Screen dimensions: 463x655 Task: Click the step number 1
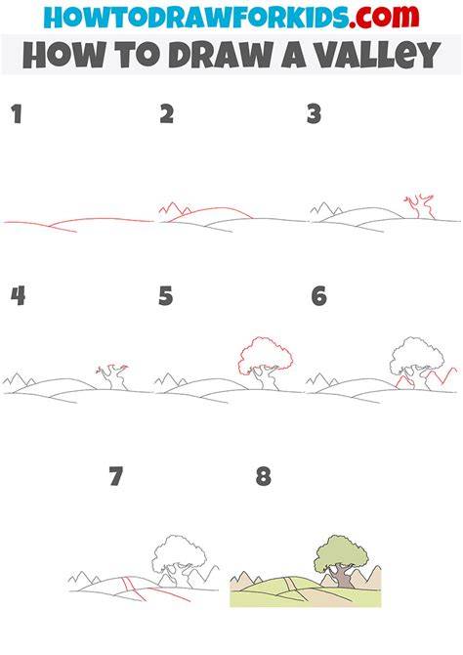17,114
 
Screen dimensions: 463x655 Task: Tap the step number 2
167,114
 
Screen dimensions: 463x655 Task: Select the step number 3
314,114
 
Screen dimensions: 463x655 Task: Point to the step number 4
18,296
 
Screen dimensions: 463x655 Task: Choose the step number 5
166,296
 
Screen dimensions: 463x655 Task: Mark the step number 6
319,296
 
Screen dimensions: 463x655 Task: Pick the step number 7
116,476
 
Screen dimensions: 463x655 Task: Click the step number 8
264,476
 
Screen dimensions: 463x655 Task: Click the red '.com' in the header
384,18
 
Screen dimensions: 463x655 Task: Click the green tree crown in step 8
341,553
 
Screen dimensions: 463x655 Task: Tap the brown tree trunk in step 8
343,578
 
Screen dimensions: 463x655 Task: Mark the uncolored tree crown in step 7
179,554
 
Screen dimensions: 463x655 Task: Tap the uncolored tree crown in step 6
416,356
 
